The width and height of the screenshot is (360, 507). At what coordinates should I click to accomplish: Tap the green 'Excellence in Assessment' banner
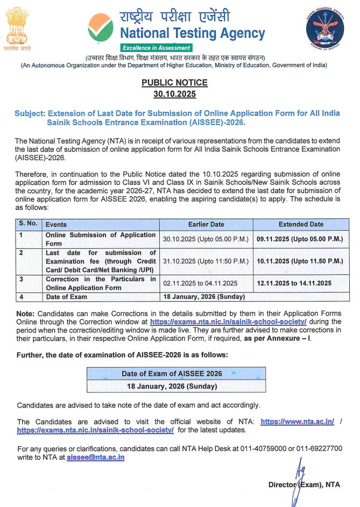(156, 48)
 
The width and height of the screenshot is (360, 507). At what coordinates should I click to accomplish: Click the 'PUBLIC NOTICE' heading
(174, 83)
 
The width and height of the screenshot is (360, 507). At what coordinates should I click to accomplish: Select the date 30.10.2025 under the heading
(174, 94)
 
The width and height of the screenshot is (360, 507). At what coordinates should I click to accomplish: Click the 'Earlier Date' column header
(206, 224)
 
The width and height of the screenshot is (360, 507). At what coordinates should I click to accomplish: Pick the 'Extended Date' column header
(301, 224)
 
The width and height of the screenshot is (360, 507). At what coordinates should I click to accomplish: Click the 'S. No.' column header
(28, 224)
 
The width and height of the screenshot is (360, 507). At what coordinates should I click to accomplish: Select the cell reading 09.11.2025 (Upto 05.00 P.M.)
(300, 239)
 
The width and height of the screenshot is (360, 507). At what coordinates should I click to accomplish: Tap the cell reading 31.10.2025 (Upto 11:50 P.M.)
(206, 261)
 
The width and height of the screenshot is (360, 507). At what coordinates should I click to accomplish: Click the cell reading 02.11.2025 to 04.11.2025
(200, 283)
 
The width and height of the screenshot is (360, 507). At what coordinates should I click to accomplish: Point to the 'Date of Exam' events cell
(66, 297)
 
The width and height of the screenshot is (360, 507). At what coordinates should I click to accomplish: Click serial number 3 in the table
(21, 280)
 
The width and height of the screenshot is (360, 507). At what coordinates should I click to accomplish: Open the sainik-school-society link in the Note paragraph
(228, 321)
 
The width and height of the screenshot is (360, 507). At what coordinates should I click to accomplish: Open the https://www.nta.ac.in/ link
(297, 422)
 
